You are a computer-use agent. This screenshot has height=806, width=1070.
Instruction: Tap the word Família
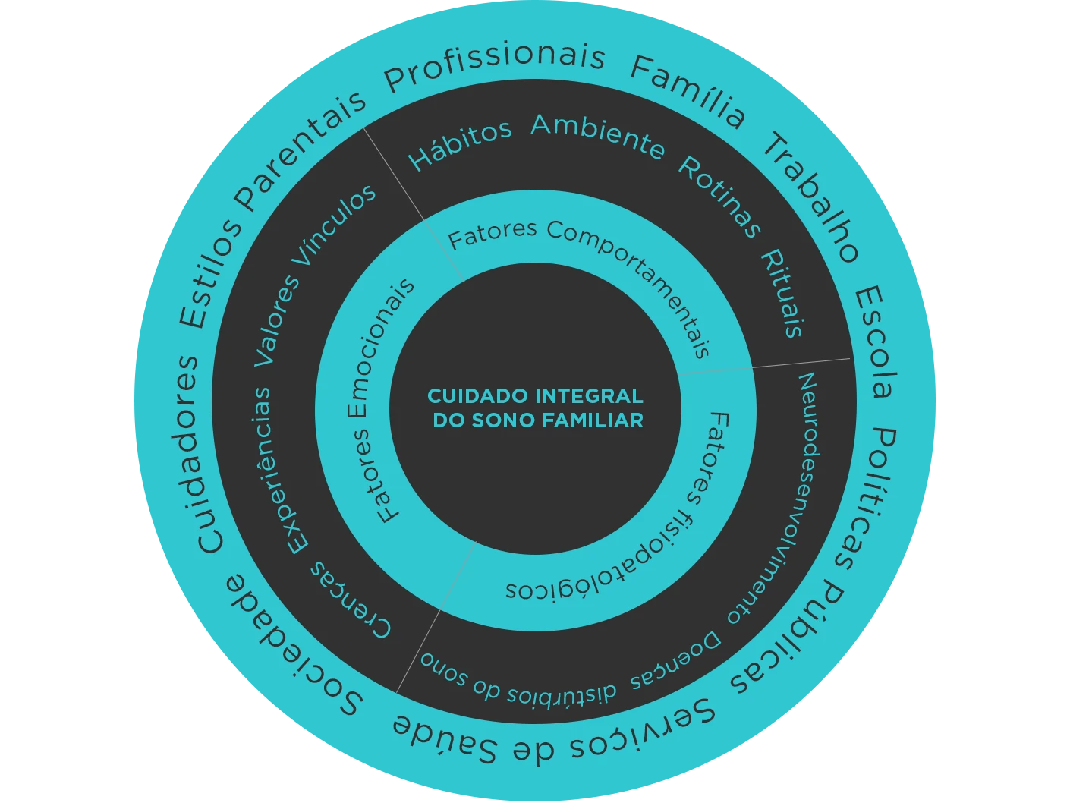(x=688, y=91)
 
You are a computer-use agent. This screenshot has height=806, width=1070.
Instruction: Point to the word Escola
(x=876, y=342)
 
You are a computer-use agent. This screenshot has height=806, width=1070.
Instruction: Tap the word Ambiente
(x=598, y=134)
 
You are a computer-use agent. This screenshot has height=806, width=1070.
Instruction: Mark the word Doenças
(x=675, y=661)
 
